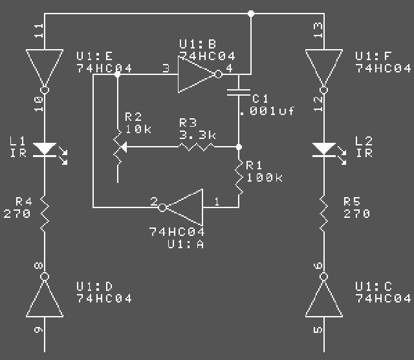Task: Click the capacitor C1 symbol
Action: click(239, 92)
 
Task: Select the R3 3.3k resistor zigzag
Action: click(197, 147)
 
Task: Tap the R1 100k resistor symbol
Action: click(239, 177)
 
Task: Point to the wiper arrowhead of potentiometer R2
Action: click(124, 147)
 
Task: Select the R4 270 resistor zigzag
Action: click(45, 214)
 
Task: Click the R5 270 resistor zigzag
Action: click(324, 214)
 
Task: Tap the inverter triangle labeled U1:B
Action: click(197, 74)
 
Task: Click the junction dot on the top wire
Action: click(251, 14)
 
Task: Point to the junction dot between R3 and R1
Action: click(239, 147)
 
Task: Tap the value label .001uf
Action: click(267, 111)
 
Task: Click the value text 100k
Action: click(265, 178)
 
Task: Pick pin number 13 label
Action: click(318, 30)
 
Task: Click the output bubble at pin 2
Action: click(162, 207)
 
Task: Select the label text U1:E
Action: click(94, 56)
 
